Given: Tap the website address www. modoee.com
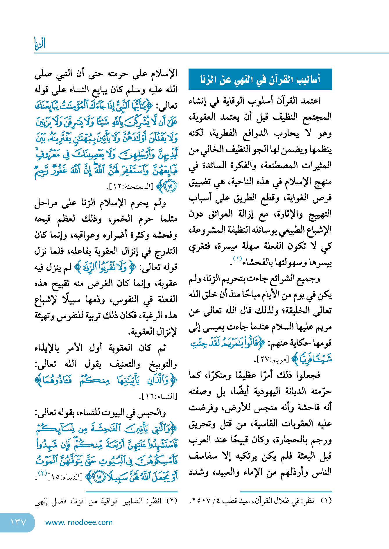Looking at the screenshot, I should coord(79,522).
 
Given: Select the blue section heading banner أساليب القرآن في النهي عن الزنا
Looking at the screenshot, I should coord(260,79).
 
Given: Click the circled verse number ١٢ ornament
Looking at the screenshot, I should coord(170,186).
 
